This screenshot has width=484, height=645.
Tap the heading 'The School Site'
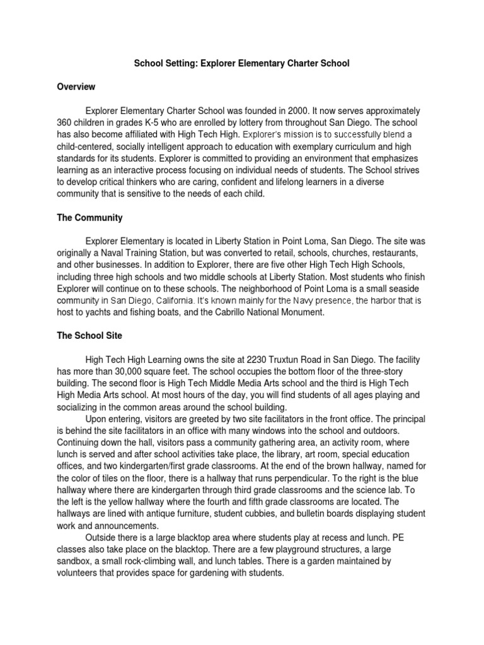(x=90, y=336)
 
